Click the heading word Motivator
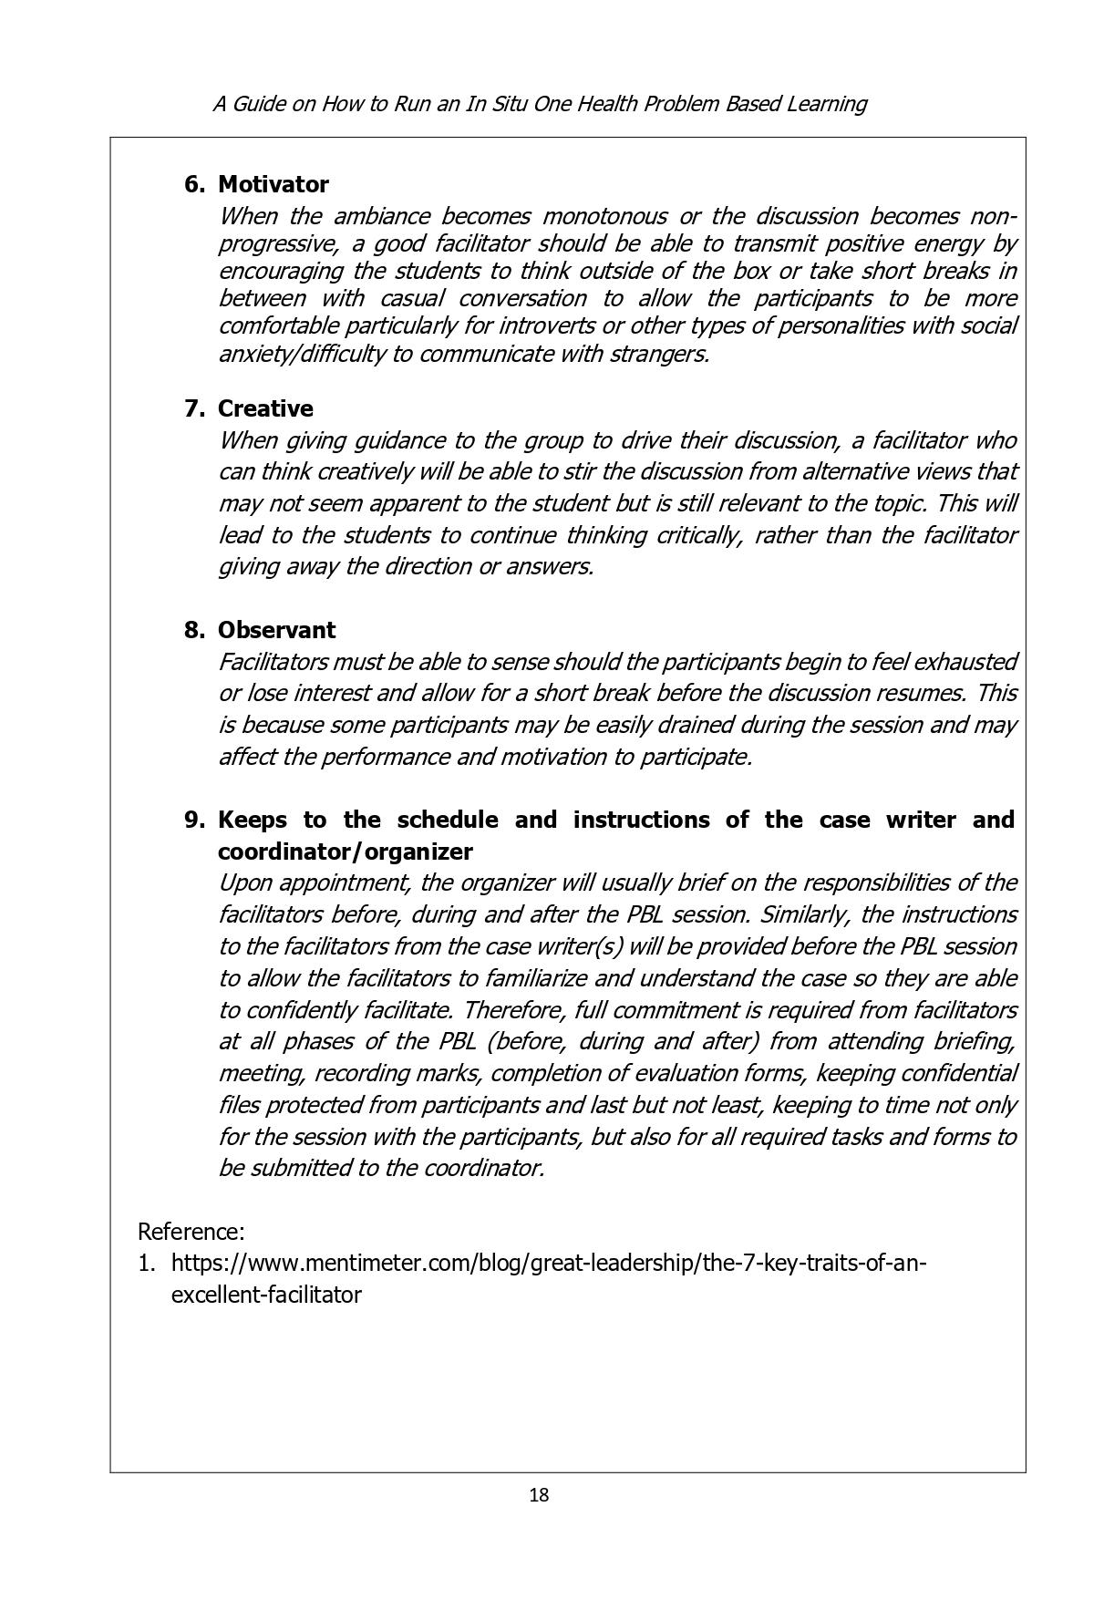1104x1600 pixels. [273, 184]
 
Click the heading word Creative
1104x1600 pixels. [264, 408]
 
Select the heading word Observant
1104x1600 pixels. [276, 630]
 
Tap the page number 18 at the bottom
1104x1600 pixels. [539, 1495]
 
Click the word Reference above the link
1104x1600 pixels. [190, 1232]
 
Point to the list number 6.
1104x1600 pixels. [193, 184]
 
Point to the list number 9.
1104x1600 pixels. [193, 820]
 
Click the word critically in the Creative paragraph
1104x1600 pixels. [699, 534]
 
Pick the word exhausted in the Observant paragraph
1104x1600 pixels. [965, 661]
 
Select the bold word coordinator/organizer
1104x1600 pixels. [345, 852]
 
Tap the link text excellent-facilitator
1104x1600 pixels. [266, 1295]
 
